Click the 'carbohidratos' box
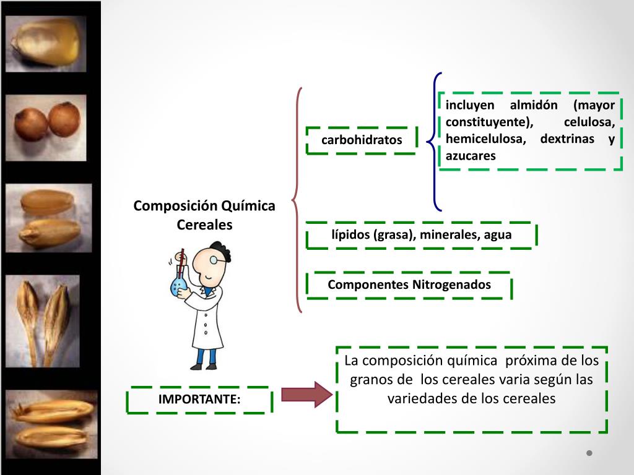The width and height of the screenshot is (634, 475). [362, 140]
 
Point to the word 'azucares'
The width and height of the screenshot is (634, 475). [471, 156]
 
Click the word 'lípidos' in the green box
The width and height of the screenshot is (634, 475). [350, 235]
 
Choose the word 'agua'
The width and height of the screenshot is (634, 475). [498, 235]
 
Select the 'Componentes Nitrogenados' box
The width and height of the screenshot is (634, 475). [409, 285]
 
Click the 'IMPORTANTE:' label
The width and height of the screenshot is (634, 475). [199, 400]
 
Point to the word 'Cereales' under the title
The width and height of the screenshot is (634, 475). [204, 225]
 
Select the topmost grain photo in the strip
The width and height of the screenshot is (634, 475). [46, 43]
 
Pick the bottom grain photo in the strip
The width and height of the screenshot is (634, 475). [53, 423]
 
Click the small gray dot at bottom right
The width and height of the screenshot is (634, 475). [589, 453]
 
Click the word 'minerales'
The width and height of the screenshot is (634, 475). [446, 235]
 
